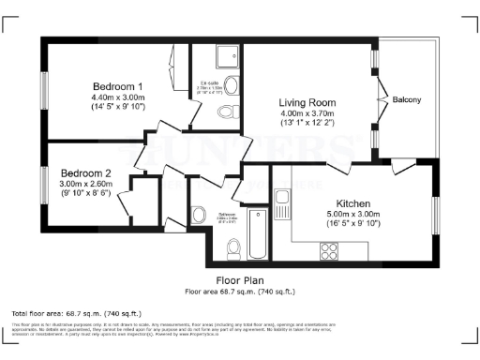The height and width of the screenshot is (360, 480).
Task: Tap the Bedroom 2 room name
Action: coord(86,173)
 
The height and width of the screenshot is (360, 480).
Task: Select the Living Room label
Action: coord(307,102)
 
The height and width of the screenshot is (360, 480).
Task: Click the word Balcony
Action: coord(406,100)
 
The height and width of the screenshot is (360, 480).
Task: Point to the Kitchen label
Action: coord(353,203)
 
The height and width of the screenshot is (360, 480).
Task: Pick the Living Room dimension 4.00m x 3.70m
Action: coord(307,113)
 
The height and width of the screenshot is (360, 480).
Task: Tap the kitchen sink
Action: coord(281,200)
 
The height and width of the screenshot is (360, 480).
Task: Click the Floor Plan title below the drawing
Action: coord(240,279)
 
